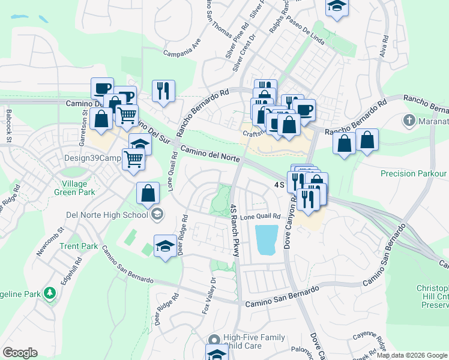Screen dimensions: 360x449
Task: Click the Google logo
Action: (x=20, y=353)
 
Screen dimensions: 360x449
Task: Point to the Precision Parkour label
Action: (x=414, y=173)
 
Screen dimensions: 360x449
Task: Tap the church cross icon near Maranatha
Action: (x=409, y=120)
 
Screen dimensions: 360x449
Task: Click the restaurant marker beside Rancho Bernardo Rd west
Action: (x=163, y=91)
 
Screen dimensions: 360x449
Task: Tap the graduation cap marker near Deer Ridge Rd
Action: (x=165, y=245)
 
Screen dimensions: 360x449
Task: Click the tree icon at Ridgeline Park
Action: (x=51, y=293)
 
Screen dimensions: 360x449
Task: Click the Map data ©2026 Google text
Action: (x=412, y=355)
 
